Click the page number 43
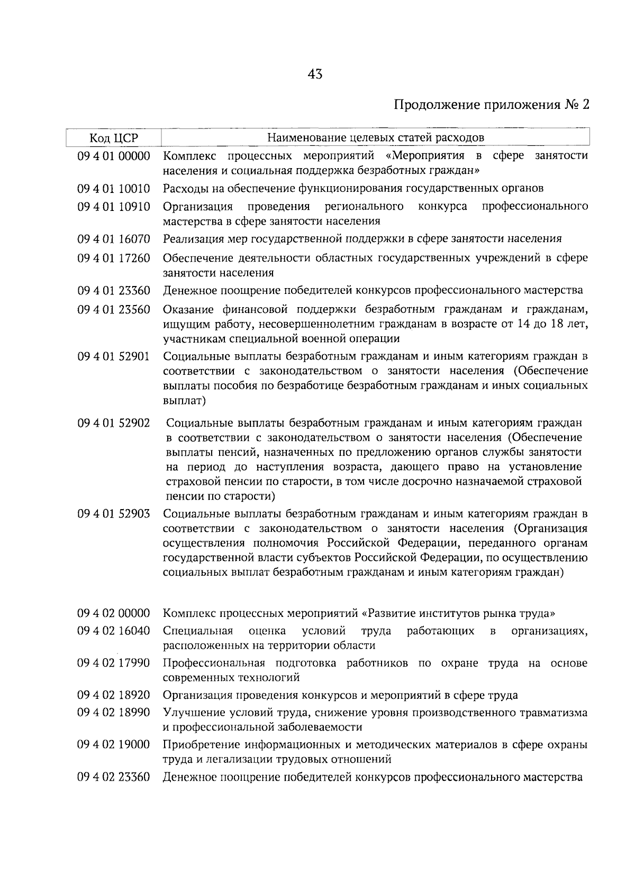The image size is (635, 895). coord(314,75)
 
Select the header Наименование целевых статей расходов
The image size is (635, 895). coord(375,138)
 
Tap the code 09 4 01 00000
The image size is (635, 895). coord(113,156)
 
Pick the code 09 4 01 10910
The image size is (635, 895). coord(113,206)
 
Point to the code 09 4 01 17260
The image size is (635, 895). coord(113,258)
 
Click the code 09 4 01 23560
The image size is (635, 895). coord(113,309)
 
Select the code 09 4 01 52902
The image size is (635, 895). coord(113,423)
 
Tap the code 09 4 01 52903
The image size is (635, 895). coord(113,514)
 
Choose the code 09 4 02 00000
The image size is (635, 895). coord(113,614)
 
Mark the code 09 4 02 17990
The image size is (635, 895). coord(113,663)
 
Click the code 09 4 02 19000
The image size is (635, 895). coord(113,745)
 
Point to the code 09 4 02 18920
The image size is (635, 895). coord(113,695)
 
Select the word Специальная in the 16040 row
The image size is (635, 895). coord(198,631)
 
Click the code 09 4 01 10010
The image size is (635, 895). coord(113,189)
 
